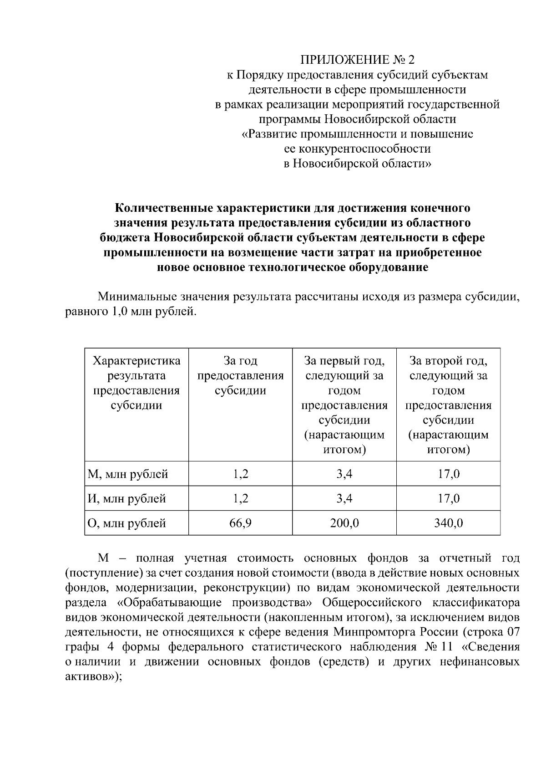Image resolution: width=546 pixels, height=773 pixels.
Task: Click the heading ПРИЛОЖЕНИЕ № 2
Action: point(357,60)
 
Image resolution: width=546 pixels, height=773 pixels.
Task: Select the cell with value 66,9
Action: point(240,523)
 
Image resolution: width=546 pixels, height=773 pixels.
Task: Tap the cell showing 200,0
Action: point(344,523)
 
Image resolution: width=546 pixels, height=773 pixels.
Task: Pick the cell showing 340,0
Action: point(448,523)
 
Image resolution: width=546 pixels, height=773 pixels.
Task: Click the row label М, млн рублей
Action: point(128,474)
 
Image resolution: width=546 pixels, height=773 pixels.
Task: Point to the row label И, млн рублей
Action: point(127,499)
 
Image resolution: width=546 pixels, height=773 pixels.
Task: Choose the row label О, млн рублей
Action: point(127,523)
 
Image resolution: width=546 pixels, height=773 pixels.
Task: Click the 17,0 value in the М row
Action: point(448,474)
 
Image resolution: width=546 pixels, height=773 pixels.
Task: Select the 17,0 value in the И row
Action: point(448,499)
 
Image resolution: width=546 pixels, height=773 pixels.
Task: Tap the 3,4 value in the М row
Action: point(344,474)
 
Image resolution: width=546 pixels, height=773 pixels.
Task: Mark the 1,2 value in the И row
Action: point(240,499)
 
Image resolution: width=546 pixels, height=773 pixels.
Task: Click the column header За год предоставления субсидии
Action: point(240,376)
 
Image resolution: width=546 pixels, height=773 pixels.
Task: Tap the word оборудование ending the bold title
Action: point(388,267)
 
